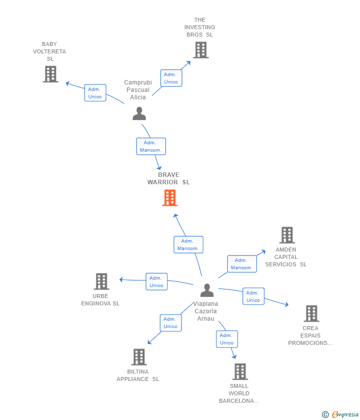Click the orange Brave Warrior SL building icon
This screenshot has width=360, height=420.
(170, 198)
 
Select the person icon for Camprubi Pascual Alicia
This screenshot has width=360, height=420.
(139, 113)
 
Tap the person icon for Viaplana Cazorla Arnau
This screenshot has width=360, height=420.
(207, 290)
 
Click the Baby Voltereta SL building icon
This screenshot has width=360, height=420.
(50, 74)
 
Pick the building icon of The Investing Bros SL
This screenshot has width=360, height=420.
(201, 50)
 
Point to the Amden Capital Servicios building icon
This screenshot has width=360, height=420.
(287, 235)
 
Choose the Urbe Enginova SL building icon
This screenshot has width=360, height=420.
(101, 282)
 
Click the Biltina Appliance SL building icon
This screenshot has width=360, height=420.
(139, 357)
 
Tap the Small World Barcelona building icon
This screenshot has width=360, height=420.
(240, 372)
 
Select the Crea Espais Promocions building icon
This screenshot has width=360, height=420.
(312, 313)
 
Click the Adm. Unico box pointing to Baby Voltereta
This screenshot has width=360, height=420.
(95, 93)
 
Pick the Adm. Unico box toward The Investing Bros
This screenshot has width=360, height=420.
(171, 78)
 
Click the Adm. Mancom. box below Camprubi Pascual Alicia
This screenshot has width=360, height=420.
(151, 146)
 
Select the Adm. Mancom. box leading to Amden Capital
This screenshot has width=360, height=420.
(242, 264)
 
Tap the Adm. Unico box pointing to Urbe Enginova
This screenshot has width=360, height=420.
(157, 282)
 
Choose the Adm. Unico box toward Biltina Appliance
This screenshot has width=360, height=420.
(171, 323)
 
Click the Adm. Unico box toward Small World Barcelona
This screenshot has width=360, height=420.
(227, 339)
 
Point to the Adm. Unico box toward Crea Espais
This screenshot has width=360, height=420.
(253, 296)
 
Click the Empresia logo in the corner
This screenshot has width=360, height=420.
(340, 415)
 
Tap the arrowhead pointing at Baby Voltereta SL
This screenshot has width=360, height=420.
(68, 84)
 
